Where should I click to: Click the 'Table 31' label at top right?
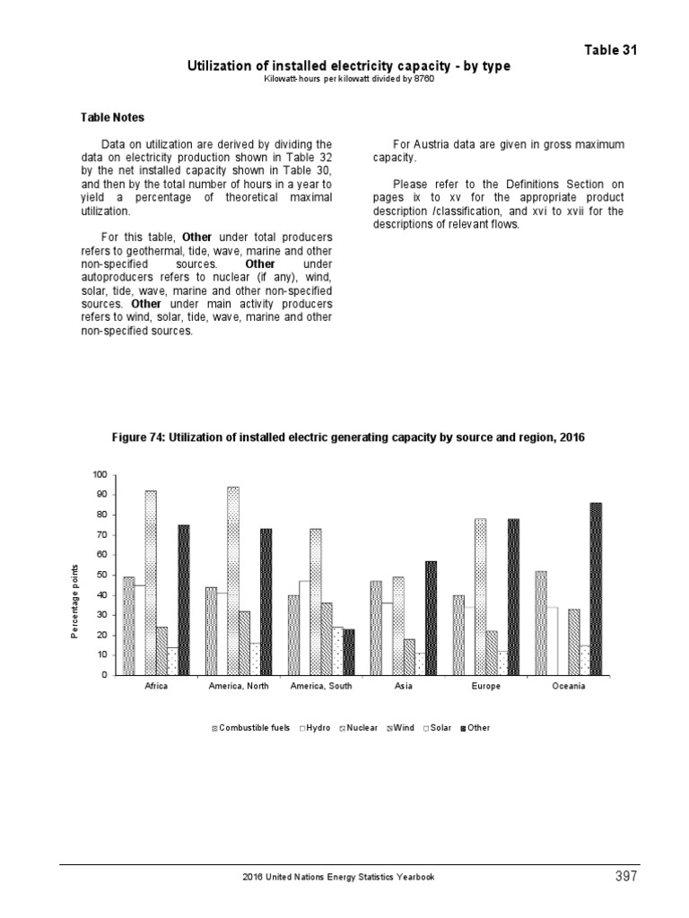pyautogui.click(x=611, y=49)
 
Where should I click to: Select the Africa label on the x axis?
pyautogui.click(x=156, y=687)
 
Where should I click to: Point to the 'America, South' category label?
pyautogui.click(x=320, y=687)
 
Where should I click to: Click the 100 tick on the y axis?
pyautogui.click(x=99, y=474)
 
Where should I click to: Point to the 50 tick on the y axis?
pyautogui.click(x=101, y=575)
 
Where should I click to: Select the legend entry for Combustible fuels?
pyautogui.click(x=250, y=728)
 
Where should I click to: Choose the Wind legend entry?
pyautogui.click(x=400, y=728)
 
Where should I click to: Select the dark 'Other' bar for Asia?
pyautogui.click(x=431, y=618)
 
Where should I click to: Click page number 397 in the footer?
pyautogui.click(x=625, y=876)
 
